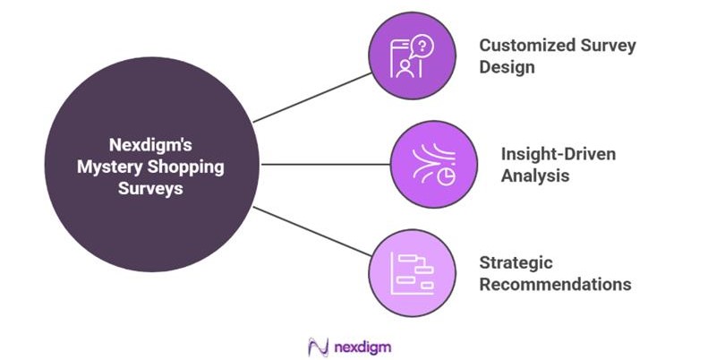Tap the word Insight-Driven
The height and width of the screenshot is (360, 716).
[551, 154]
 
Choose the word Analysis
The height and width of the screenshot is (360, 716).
[534, 176]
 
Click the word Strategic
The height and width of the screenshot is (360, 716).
[516, 263]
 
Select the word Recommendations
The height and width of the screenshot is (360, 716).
[555, 285]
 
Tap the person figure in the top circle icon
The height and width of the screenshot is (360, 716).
[405, 67]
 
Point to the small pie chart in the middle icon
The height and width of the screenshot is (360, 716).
[444, 176]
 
